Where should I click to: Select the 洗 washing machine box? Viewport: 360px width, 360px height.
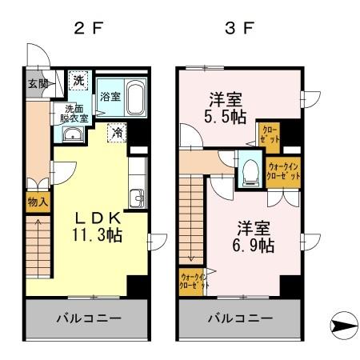click(78, 81)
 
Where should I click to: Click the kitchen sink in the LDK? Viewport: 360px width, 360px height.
click(137, 197)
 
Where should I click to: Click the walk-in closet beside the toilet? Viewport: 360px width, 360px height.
click(283, 171)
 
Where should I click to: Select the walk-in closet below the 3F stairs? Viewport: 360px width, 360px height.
click(193, 283)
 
